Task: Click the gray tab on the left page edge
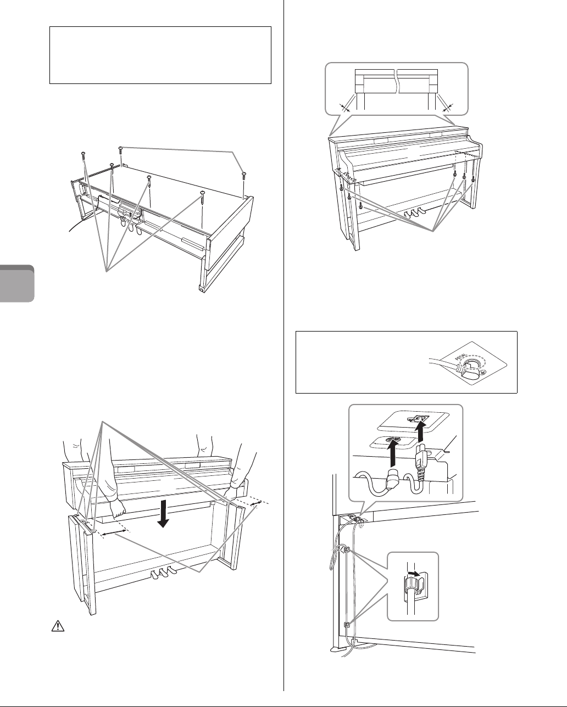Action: click(x=16, y=283)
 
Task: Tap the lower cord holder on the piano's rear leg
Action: click(x=346, y=624)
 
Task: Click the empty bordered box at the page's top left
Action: click(x=160, y=55)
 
